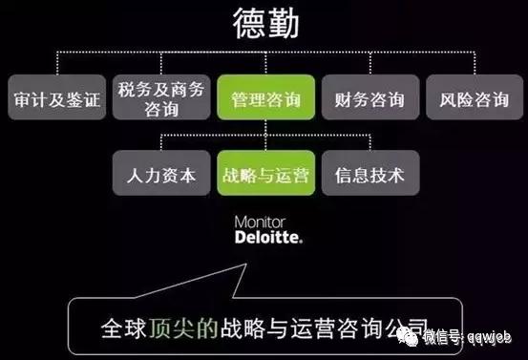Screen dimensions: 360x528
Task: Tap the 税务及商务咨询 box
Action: [x=158, y=99]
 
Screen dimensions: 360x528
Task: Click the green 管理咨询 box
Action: [x=264, y=99]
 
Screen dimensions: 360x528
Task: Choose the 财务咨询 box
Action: [x=369, y=99]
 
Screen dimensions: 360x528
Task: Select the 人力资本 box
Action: [x=159, y=175]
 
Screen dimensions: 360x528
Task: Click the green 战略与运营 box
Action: [x=264, y=175]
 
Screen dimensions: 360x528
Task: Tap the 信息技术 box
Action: [x=369, y=175]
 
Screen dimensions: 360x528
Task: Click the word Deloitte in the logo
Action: [x=268, y=236]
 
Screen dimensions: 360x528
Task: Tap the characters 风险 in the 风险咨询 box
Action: [x=453, y=99]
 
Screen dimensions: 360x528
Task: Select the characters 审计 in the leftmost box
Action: [x=32, y=99]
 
